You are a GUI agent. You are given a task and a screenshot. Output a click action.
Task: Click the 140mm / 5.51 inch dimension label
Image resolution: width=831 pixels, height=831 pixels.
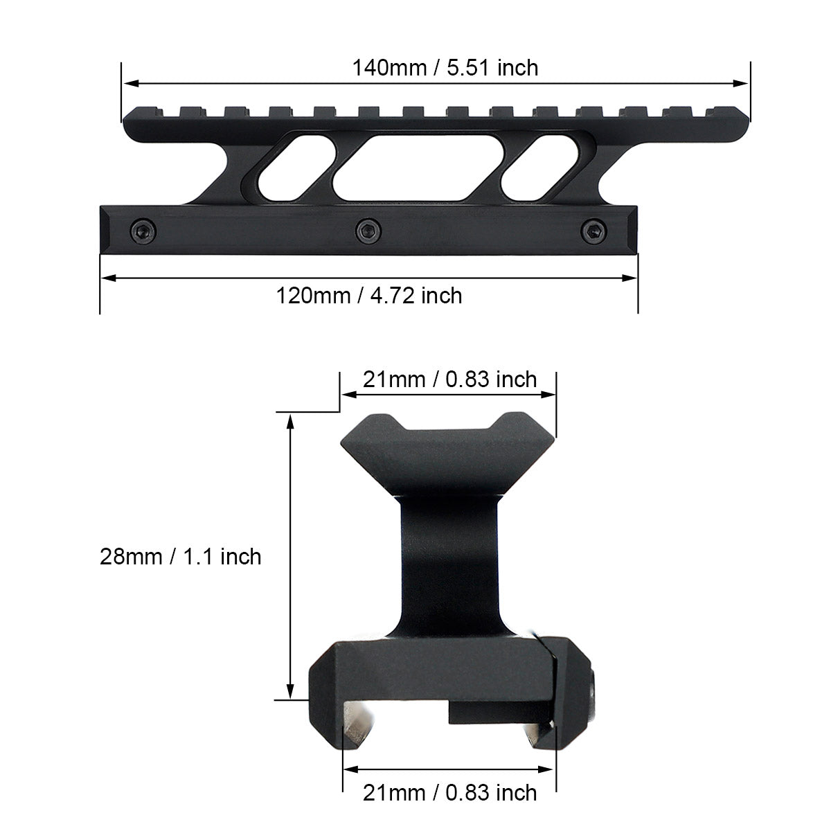point(445,68)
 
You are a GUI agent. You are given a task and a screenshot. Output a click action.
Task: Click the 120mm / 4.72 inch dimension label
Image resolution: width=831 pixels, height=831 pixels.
point(369,296)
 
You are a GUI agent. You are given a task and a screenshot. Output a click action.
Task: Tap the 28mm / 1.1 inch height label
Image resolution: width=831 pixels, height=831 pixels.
point(181,556)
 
